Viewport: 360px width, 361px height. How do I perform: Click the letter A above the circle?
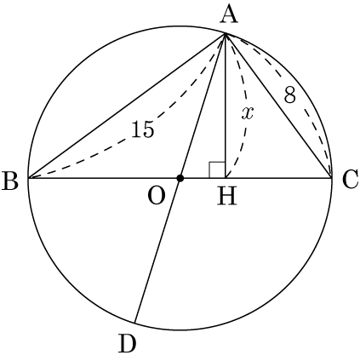pos(229,15)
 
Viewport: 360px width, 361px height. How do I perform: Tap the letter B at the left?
pos(10,181)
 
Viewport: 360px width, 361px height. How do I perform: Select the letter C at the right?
pos(350,180)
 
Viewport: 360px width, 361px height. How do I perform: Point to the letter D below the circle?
pos(128,344)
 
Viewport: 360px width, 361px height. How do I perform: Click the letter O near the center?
pos(157,197)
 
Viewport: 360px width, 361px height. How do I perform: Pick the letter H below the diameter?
pos(227,197)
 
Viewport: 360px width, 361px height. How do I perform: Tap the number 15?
pos(143,129)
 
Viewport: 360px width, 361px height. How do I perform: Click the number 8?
pos(290,95)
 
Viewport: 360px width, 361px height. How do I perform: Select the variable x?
pos(248,113)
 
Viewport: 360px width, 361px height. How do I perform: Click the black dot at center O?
pos(180,178)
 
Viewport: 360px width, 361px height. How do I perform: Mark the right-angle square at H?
pos(217,170)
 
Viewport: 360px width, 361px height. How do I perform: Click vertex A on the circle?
pos(226,33)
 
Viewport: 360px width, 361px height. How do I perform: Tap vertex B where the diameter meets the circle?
pos(28,178)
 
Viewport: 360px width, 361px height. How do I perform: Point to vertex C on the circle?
pos(332,178)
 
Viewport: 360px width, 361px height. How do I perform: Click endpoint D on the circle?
pos(135,323)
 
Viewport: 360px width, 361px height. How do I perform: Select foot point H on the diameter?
pos(226,178)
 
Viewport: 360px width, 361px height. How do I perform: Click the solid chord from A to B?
pos(127,106)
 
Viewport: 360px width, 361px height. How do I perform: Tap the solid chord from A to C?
pos(278,106)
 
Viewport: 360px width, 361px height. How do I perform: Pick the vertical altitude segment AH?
pos(226,106)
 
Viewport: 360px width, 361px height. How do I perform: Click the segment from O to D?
pos(157,250)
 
